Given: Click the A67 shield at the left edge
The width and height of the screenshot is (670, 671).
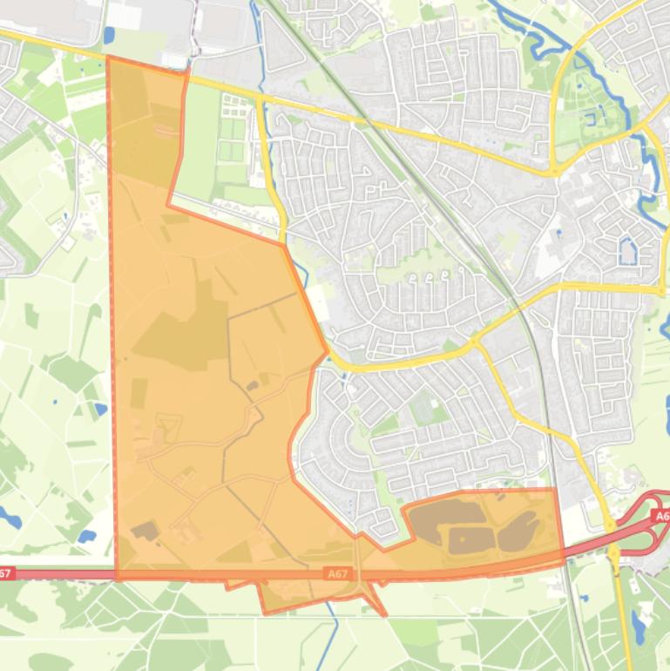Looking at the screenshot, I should coord(5,573).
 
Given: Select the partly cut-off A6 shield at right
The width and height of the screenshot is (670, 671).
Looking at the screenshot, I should coord(662,517).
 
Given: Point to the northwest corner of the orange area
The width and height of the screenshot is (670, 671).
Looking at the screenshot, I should coord(107,58).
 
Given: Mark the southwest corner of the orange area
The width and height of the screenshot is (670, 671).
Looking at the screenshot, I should coord(117,578).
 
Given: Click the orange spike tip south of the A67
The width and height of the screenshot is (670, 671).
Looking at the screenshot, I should coord(385,615).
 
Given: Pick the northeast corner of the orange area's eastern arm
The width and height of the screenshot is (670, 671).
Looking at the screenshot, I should coord(556,490).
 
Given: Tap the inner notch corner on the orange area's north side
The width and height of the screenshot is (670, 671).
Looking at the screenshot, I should coord(168,206).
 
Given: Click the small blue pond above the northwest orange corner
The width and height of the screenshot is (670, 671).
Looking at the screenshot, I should coord(108,36).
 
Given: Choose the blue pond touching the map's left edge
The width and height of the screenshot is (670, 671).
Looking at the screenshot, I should coord(8,518).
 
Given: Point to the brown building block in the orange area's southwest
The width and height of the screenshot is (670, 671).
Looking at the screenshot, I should coord(145,531).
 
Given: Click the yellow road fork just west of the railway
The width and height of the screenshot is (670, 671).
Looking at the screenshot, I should coord(476,342).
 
